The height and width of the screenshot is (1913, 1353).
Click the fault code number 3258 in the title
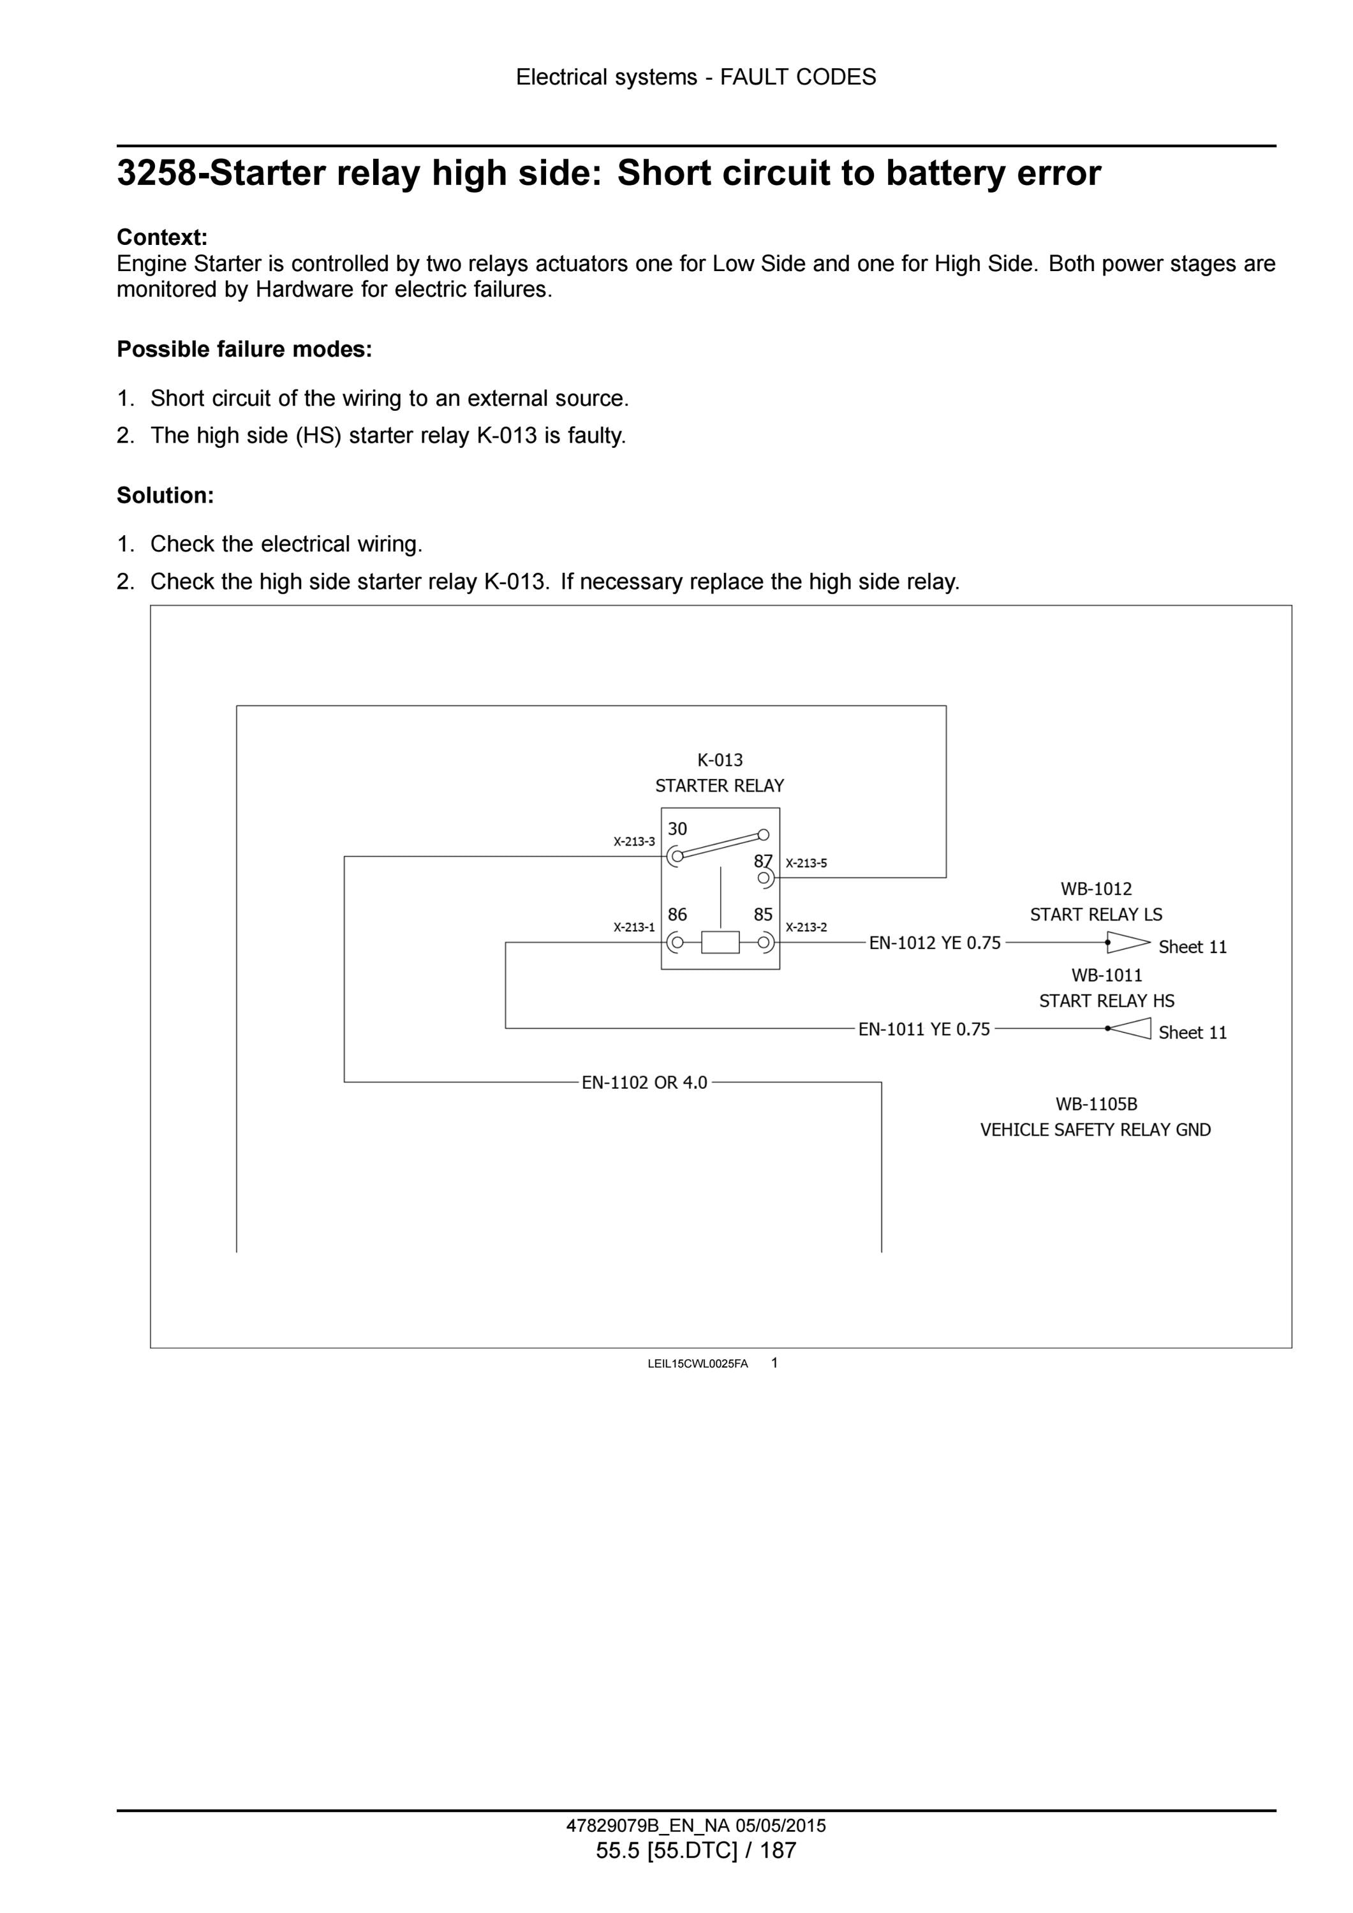coord(158,174)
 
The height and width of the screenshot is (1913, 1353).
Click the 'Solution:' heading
coord(165,496)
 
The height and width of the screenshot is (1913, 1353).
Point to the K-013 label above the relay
coord(720,760)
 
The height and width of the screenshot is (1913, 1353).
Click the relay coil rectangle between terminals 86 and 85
coord(720,942)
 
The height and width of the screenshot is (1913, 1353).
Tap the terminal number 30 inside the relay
coord(677,829)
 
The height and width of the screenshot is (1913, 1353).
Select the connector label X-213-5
coord(806,863)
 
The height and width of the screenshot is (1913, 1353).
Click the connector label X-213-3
coord(634,841)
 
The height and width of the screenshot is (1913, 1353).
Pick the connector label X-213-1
coord(634,927)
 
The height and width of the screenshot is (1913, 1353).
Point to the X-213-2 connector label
coord(806,927)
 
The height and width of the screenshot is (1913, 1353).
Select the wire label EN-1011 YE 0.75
coord(924,1029)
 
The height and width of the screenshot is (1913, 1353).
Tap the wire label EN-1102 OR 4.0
coord(644,1082)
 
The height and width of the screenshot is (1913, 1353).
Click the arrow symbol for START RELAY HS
coord(1128,1028)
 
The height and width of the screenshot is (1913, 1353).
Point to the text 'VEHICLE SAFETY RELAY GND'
coord(1095,1130)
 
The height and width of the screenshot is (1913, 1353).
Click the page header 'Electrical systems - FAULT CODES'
coord(696,77)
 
